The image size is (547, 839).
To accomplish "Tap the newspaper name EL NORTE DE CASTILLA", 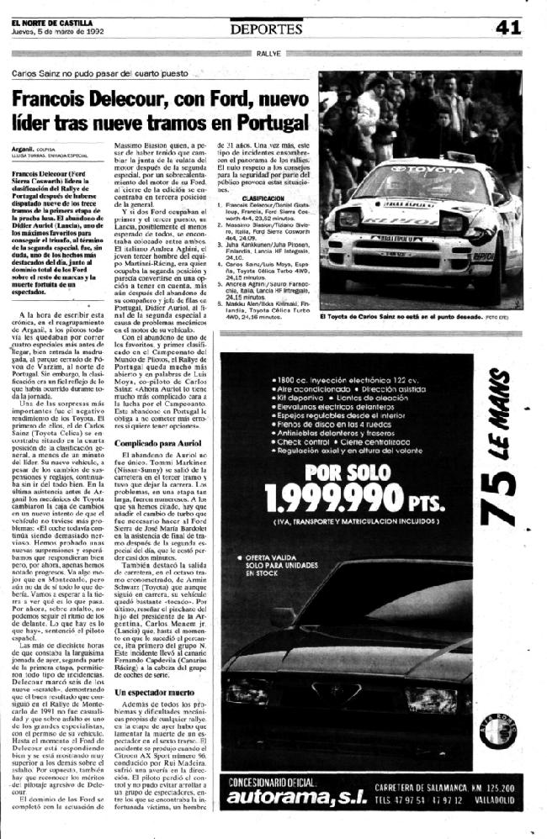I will (x=47, y=22).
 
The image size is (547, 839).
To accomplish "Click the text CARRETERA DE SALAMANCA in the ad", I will (x=436, y=787).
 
